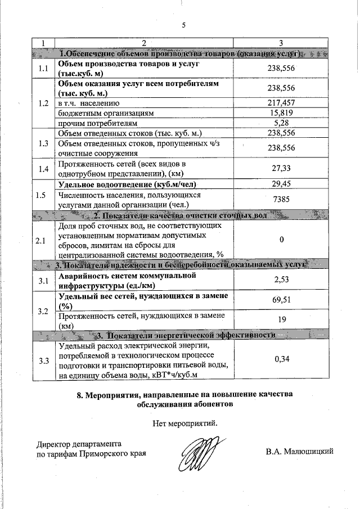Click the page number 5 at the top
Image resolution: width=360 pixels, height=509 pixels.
coord(183,25)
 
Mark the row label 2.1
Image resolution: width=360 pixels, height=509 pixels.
coord(43,240)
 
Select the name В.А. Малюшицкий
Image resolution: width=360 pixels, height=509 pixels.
coord(300,451)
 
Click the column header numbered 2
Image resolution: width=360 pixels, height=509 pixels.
coord(143,43)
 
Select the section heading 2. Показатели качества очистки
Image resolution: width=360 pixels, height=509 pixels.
coord(180,215)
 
